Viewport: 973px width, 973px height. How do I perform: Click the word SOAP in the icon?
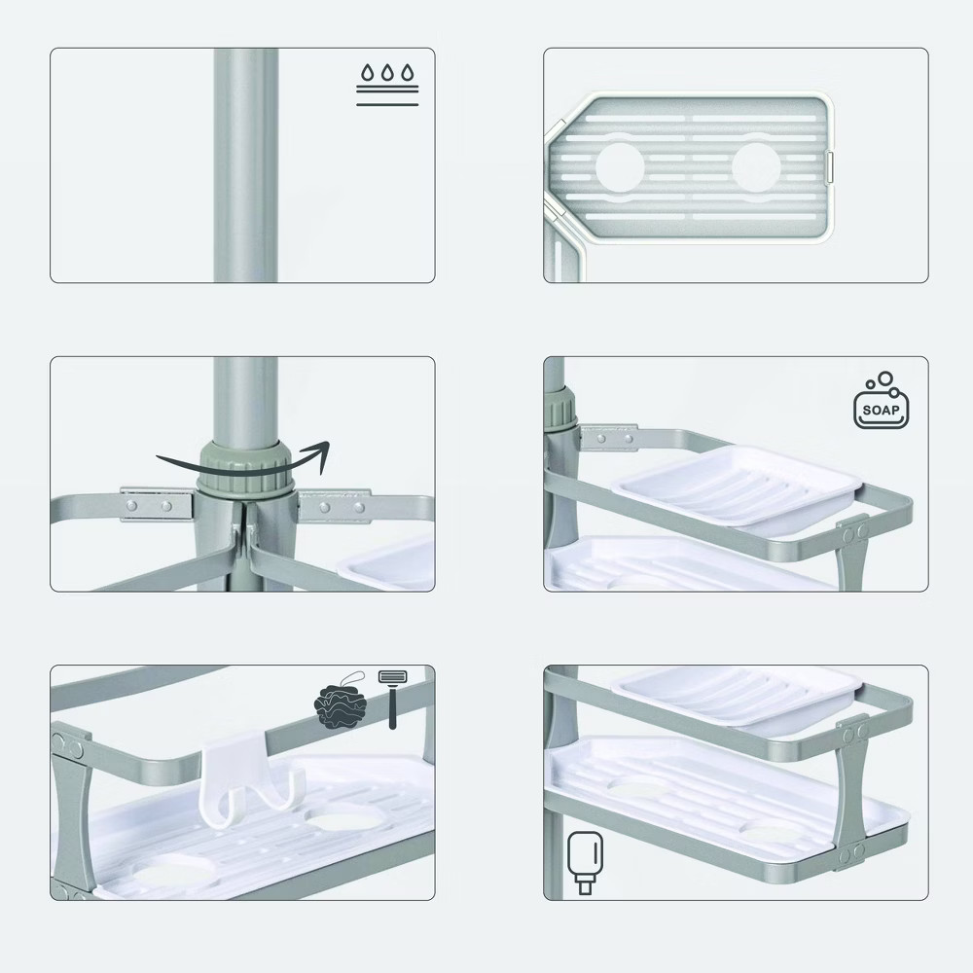point(881,410)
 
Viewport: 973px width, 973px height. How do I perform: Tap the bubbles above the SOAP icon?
point(883,379)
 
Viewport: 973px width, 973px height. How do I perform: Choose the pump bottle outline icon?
point(585,856)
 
